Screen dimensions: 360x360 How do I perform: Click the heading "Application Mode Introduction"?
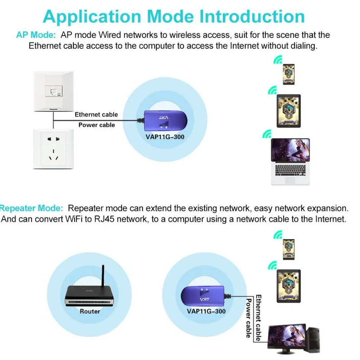[x=174, y=17]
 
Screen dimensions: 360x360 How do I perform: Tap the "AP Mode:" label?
[x=36, y=35]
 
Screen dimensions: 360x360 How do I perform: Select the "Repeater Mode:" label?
[x=32, y=208]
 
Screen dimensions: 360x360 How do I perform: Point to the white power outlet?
[x=53, y=148]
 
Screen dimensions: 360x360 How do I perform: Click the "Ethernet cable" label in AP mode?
[x=96, y=114]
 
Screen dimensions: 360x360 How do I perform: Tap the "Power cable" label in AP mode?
[x=96, y=125]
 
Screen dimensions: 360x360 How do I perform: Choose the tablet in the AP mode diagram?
[x=288, y=111]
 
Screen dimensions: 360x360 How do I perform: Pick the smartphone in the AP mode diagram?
[x=288, y=75]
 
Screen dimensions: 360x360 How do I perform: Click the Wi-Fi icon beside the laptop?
[x=266, y=135]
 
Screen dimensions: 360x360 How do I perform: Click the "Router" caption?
[x=90, y=311]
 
